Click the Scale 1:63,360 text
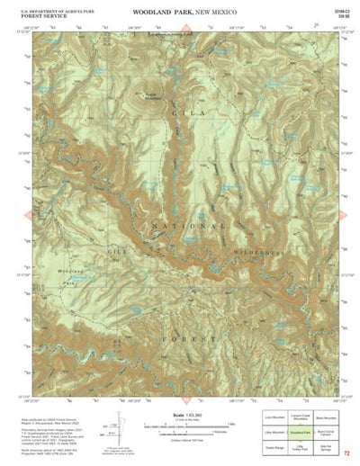click(180, 415)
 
